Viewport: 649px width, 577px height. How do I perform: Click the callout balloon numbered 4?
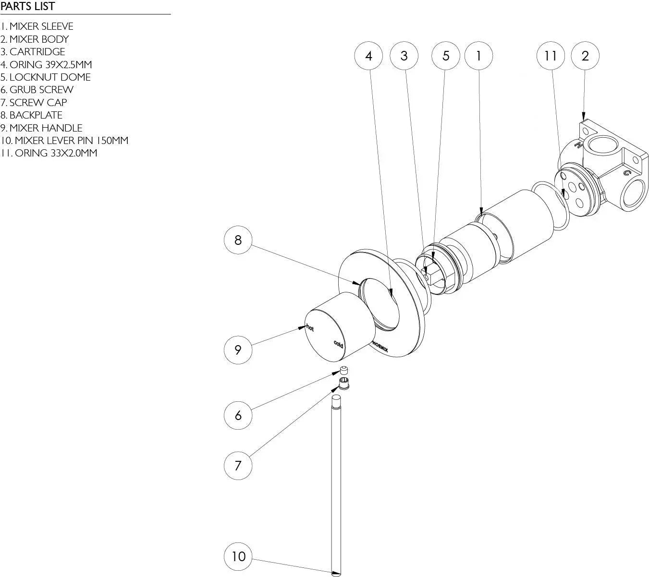368,56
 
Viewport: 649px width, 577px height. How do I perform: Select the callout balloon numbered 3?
404,56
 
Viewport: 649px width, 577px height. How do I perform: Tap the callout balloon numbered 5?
446,56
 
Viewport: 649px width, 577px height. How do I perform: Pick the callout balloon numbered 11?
551,56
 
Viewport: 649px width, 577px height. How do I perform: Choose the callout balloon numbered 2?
585,56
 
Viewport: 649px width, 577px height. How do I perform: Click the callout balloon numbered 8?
238,240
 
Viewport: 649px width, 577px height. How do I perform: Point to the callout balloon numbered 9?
238,349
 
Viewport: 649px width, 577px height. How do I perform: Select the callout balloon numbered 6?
238,415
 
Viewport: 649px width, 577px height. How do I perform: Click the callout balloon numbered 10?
238,556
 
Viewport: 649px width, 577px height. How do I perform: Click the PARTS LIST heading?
28,7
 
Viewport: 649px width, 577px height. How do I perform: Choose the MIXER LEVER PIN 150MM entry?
64,141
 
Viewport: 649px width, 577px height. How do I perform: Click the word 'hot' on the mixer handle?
310,328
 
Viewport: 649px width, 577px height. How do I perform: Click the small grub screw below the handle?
343,370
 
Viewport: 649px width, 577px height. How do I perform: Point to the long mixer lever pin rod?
336,480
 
